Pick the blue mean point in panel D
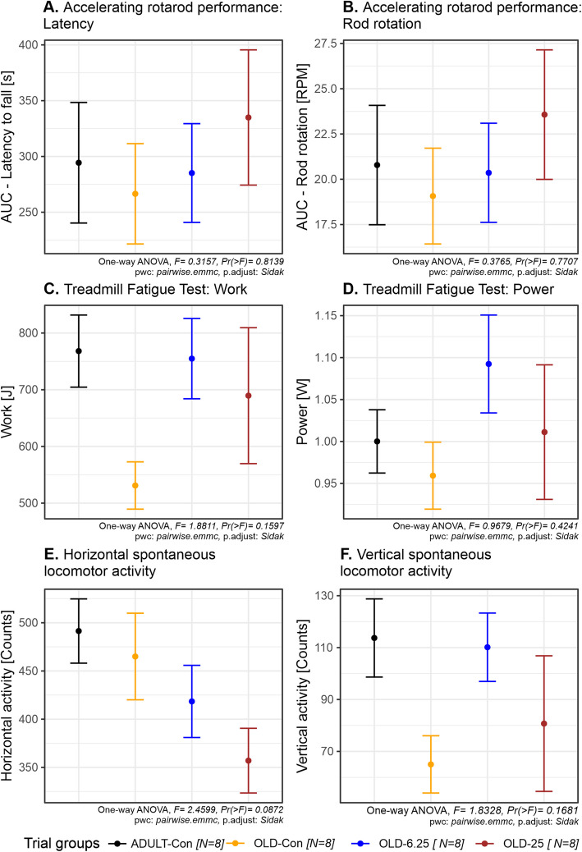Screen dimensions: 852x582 pyautogui.click(x=488, y=364)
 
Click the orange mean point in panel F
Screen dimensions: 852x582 pyautogui.click(x=431, y=764)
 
